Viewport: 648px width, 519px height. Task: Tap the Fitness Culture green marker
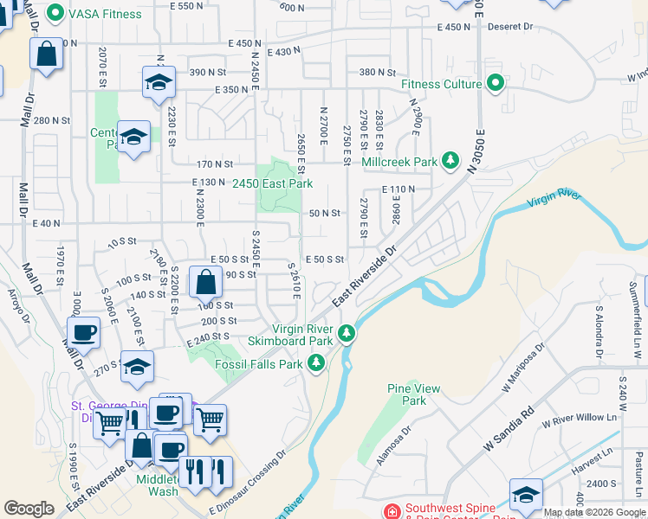496,84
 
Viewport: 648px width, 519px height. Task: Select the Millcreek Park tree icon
450,161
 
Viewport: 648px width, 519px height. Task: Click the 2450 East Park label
272,183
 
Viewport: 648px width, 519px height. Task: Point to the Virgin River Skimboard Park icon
347,333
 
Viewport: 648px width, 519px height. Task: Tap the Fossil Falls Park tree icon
316,363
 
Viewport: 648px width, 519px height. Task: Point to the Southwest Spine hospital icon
392,510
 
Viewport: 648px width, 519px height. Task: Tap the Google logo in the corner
29,509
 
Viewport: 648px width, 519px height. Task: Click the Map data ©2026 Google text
594,512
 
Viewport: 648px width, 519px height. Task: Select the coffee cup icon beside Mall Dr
84,333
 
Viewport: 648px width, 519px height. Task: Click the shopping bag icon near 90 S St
204,282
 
